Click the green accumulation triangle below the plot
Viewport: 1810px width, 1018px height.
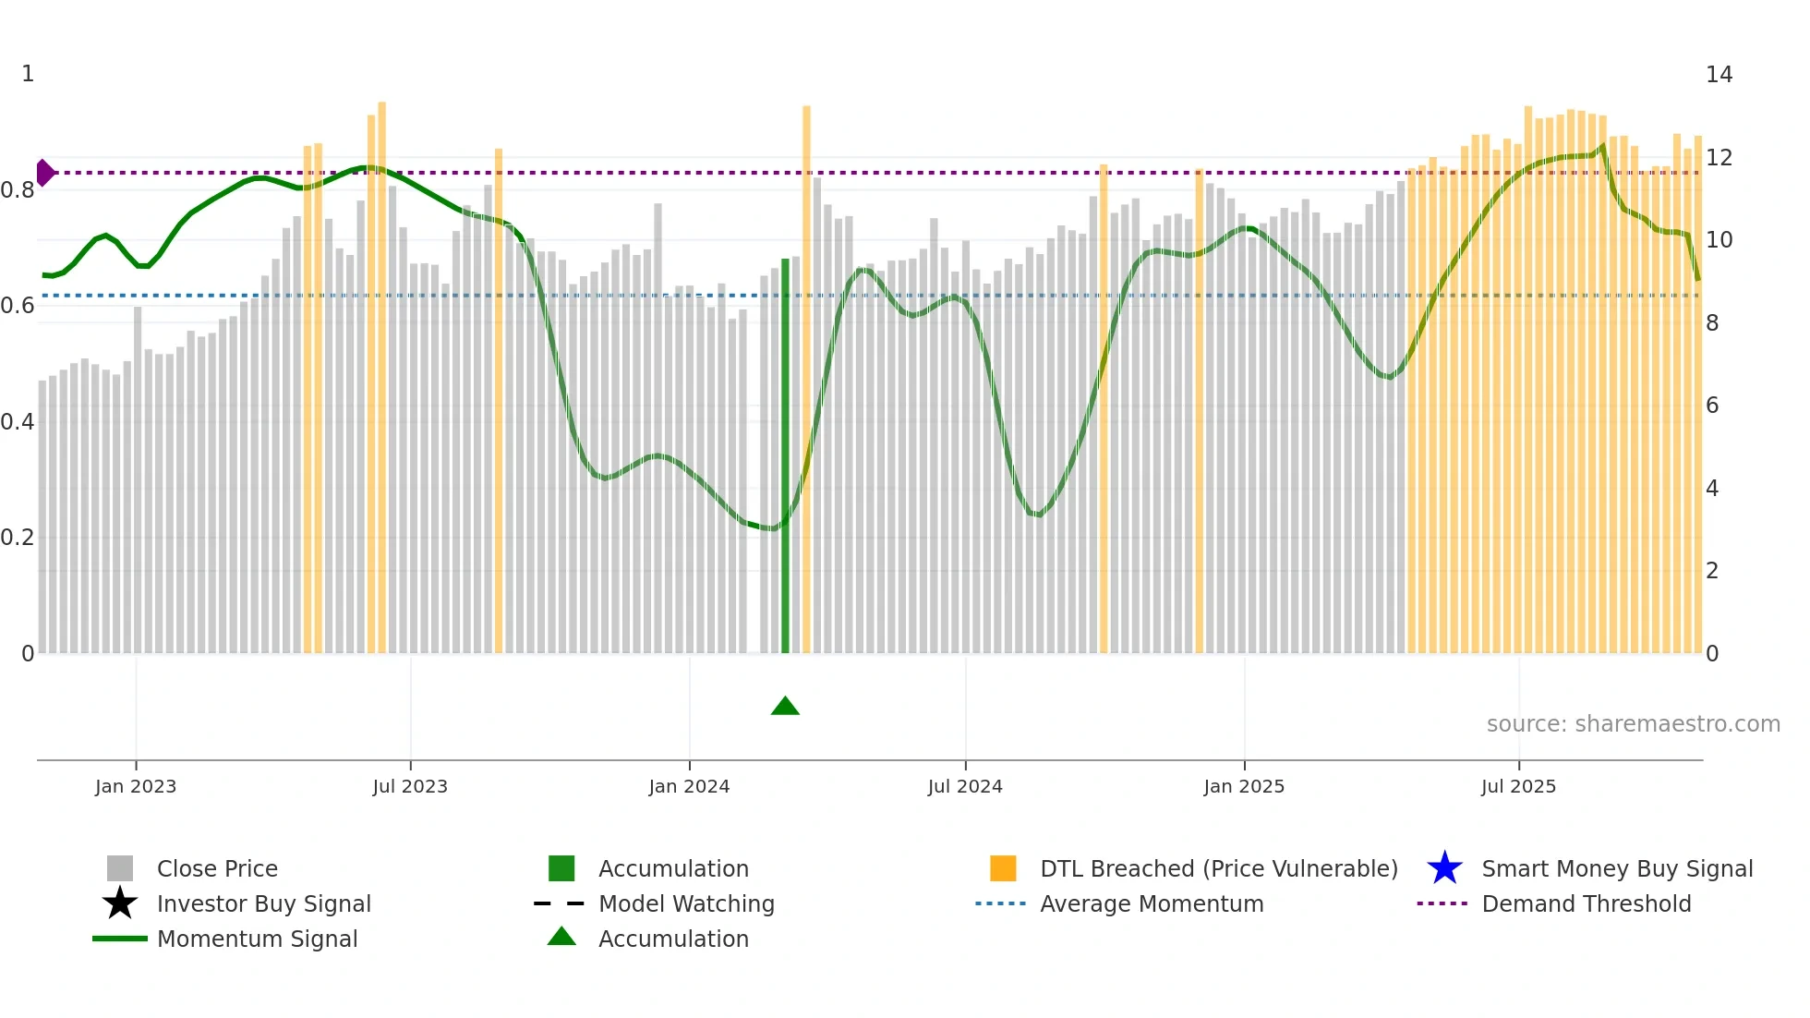[785, 707]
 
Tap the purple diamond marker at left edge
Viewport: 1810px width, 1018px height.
[44, 173]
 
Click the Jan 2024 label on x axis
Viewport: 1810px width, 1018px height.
[689, 786]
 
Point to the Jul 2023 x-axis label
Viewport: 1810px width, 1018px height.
[410, 786]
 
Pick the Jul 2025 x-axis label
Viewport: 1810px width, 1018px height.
[1518, 786]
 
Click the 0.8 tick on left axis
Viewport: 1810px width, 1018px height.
[18, 190]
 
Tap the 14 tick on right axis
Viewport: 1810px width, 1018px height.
[1719, 75]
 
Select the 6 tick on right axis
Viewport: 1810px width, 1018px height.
[1711, 406]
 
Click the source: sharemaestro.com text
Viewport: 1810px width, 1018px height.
[1633, 724]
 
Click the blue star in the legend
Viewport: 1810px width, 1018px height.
[1444, 868]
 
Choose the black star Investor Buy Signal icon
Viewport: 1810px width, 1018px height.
[120, 903]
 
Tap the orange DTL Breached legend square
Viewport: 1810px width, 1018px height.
[1003, 868]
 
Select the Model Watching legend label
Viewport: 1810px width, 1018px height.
[686, 903]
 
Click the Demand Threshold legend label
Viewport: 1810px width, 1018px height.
[1586, 903]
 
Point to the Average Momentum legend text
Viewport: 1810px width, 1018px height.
[1152, 903]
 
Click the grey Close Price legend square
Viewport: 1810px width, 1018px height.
[120, 868]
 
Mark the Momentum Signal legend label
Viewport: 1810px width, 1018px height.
[257, 939]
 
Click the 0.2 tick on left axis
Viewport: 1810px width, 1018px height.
[18, 538]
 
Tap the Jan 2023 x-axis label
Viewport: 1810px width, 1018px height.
[136, 786]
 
